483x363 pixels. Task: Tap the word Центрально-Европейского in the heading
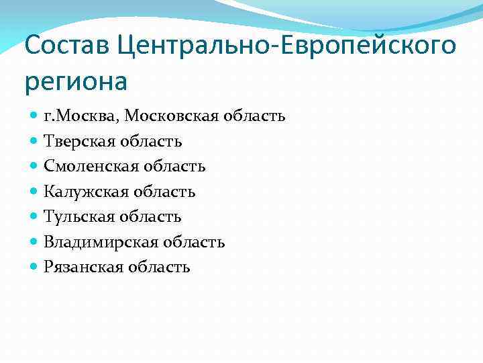(286, 47)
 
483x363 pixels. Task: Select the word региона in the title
(75, 81)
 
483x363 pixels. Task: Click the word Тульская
(78, 216)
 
